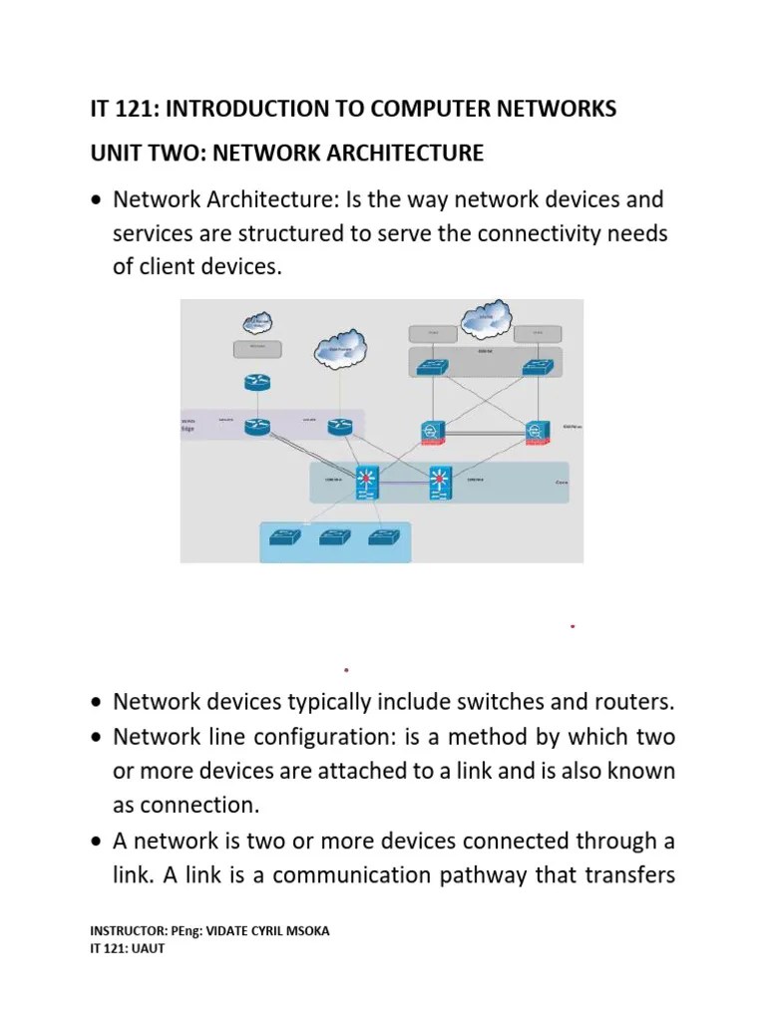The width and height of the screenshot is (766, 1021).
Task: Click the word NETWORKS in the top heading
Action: tap(554, 109)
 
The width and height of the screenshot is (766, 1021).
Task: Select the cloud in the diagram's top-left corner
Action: tap(256, 322)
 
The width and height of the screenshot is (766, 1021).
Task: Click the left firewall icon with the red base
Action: tap(432, 431)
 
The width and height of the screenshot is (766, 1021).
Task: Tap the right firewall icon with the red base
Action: tap(539, 431)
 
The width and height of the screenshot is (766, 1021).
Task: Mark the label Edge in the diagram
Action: tap(189, 431)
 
